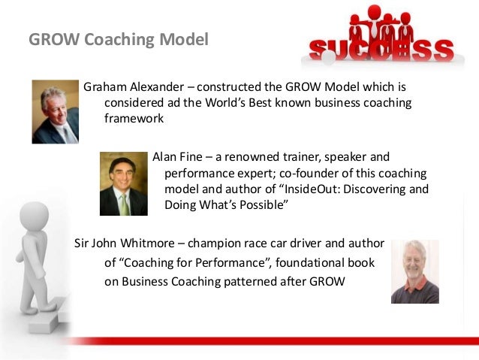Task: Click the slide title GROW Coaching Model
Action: pos(119,38)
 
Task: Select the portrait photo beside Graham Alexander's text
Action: pos(55,112)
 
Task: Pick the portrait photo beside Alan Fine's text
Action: pos(123,184)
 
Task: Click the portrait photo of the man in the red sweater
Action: pos(414,271)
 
